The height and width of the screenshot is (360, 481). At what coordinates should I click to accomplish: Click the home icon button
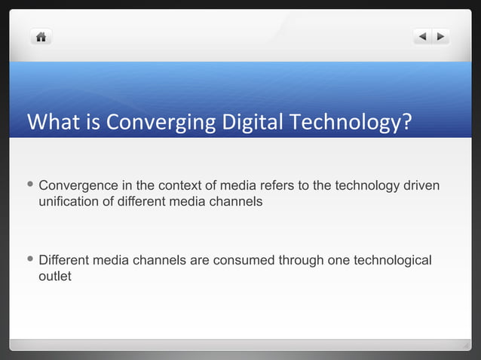pyautogui.click(x=41, y=36)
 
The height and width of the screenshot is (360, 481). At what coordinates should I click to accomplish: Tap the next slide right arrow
pyautogui.click(x=440, y=36)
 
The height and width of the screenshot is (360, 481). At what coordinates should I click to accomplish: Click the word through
pyautogui.click(x=302, y=261)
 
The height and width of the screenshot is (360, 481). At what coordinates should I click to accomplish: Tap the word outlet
pyautogui.click(x=55, y=276)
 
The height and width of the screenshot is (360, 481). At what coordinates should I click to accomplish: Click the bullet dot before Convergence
pyautogui.click(x=29, y=185)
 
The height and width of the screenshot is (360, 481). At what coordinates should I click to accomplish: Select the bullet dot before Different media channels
pyautogui.click(x=29, y=260)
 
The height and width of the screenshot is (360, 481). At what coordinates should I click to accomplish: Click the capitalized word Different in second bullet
pyautogui.click(x=64, y=261)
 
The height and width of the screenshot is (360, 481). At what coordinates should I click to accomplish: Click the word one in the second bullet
pyautogui.click(x=339, y=261)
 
